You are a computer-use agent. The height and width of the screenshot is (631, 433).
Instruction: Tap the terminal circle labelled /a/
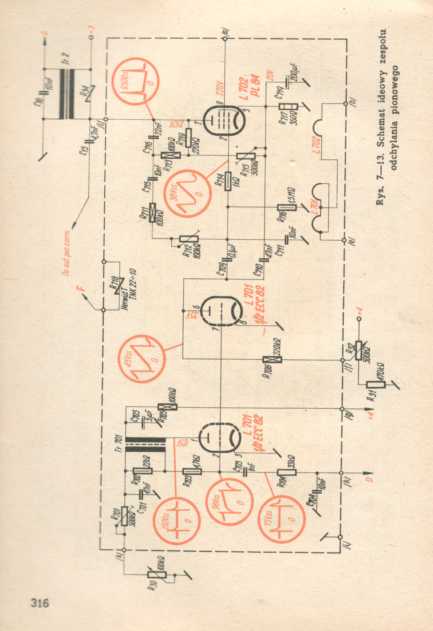225,39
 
